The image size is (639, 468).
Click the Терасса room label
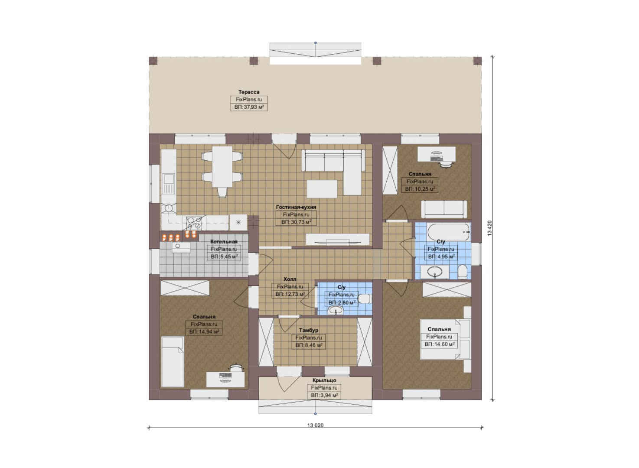point(249,92)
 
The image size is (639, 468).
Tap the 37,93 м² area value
point(249,107)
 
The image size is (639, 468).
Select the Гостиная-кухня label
point(296,207)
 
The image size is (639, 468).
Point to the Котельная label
point(224,241)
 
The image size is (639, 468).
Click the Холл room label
point(290,279)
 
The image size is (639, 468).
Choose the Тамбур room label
point(309,330)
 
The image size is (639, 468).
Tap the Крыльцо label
point(324,380)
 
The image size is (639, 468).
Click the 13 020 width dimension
point(315,425)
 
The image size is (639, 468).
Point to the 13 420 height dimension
point(490,228)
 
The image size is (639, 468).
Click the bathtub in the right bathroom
point(448,232)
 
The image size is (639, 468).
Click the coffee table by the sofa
point(322,189)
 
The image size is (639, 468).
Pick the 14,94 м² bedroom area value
point(204,331)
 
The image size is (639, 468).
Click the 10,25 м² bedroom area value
point(420,189)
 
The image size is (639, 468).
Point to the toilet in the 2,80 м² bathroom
point(364,299)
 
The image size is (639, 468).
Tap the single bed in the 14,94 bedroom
point(173,362)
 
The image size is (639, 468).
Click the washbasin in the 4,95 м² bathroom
point(435,272)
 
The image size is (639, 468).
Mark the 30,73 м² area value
point(296,222)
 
